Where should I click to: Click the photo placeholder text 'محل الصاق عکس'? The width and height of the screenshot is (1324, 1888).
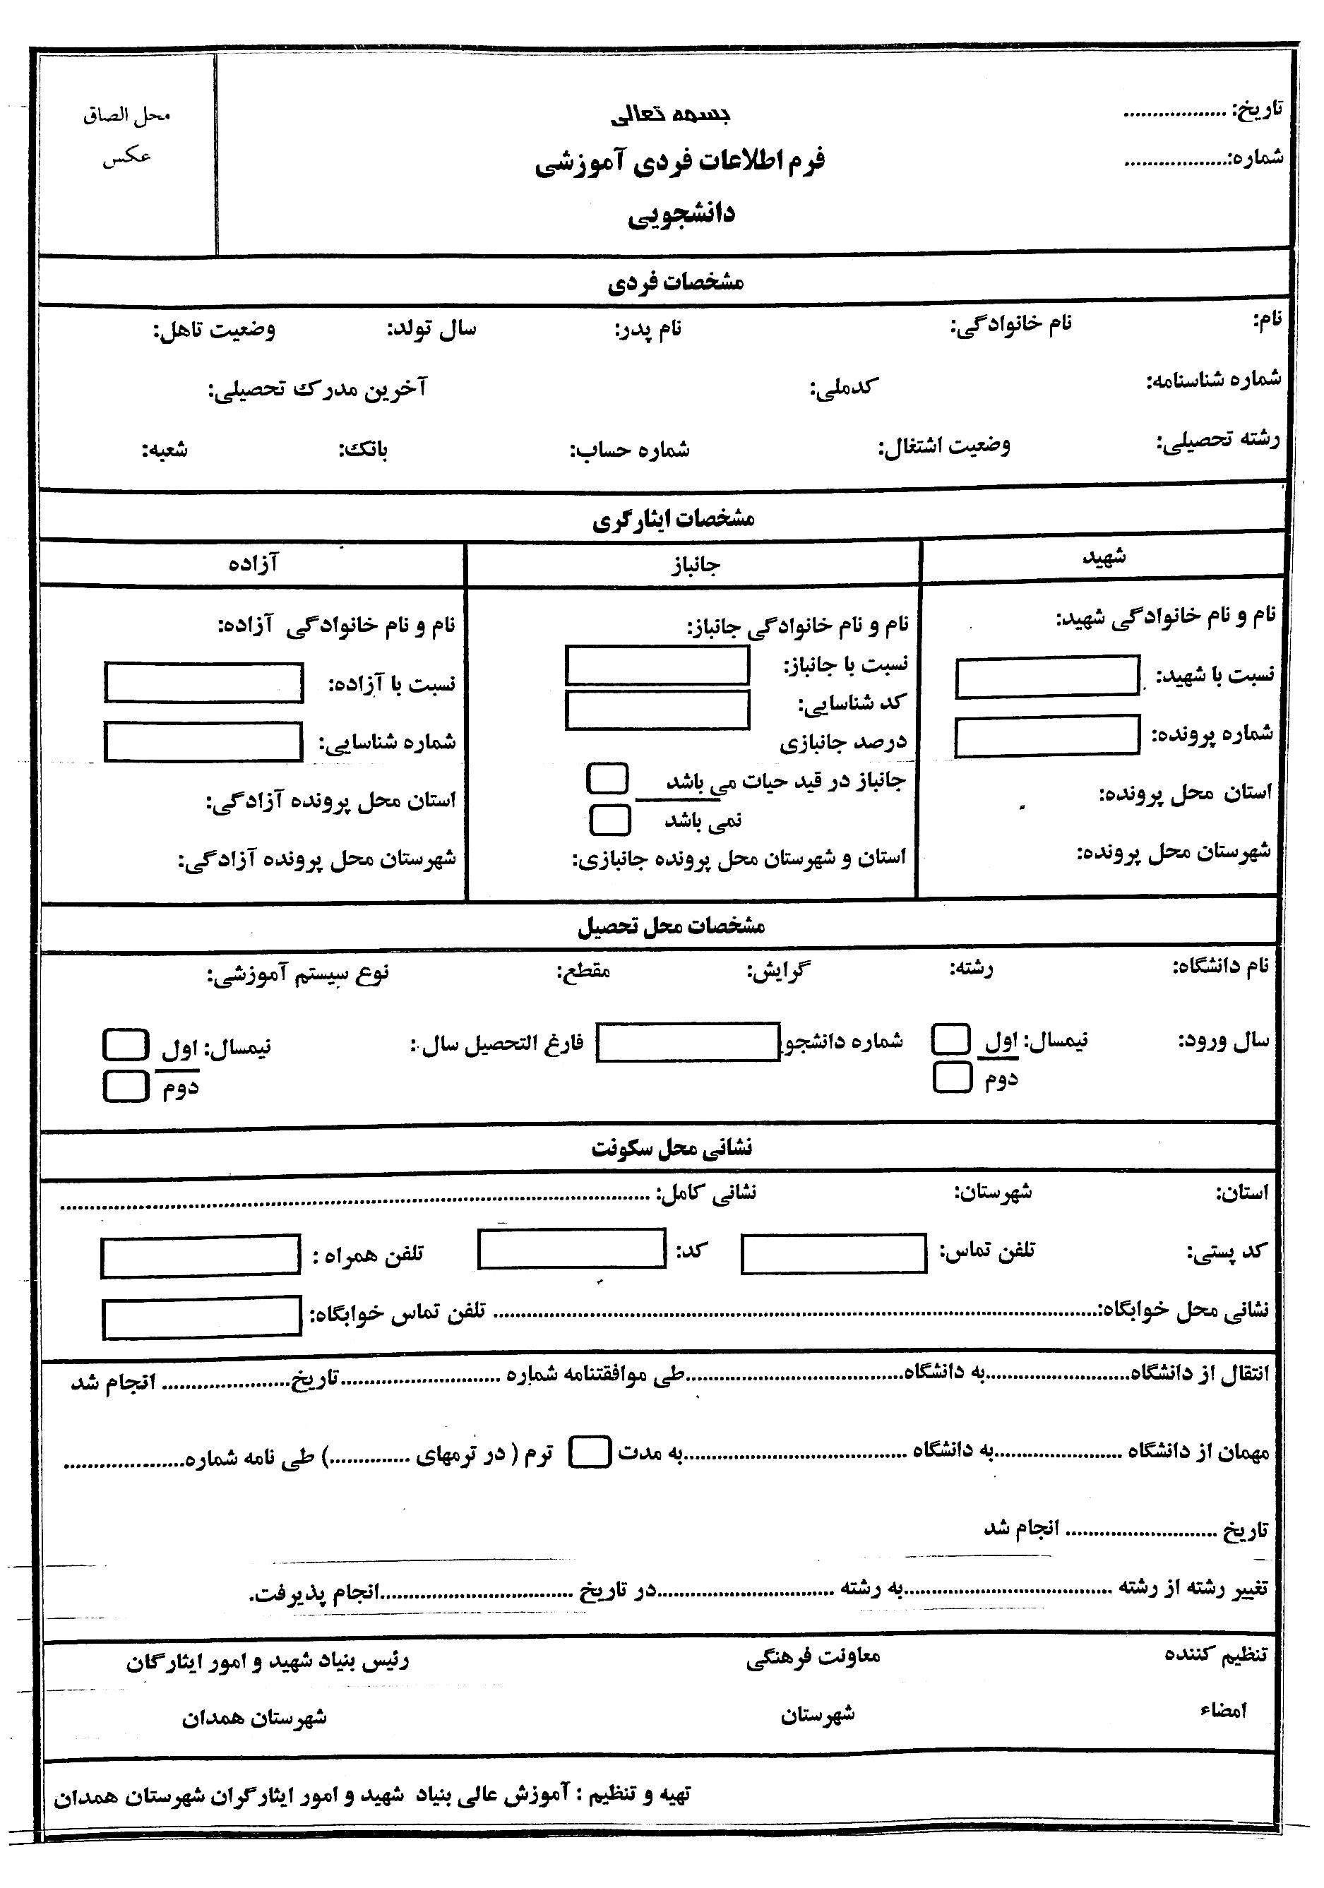[x=126, y=135]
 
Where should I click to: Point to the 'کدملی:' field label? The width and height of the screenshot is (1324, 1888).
[x=844, y=386]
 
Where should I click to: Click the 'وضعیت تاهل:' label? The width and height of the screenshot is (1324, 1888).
[x=214, y=330]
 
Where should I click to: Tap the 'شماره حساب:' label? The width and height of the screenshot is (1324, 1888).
[x=630, y=450]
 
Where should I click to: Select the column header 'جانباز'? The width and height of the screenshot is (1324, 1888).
[x=695, y=565]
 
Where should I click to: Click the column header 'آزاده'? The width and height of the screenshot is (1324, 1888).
[x=254, y=563]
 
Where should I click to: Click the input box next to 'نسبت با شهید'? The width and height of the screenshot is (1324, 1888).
[x=1047, y=676]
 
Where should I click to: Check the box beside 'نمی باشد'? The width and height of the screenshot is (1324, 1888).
[x=610, y=820]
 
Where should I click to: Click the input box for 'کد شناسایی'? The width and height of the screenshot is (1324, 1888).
[x=657, y=710]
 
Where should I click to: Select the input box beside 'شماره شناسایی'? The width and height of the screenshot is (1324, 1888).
[x=203, y=741]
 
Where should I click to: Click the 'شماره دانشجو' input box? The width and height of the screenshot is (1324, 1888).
[x=688, y=1043]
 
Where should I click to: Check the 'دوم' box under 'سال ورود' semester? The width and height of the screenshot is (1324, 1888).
[x=953, y=1077]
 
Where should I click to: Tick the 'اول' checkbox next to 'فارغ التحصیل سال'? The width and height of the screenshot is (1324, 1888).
[x=126, y=1044]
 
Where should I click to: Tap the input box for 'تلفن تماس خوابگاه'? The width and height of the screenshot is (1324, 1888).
[x=202, y=1318]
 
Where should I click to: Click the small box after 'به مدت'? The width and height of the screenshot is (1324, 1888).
[x=590, y=1452]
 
